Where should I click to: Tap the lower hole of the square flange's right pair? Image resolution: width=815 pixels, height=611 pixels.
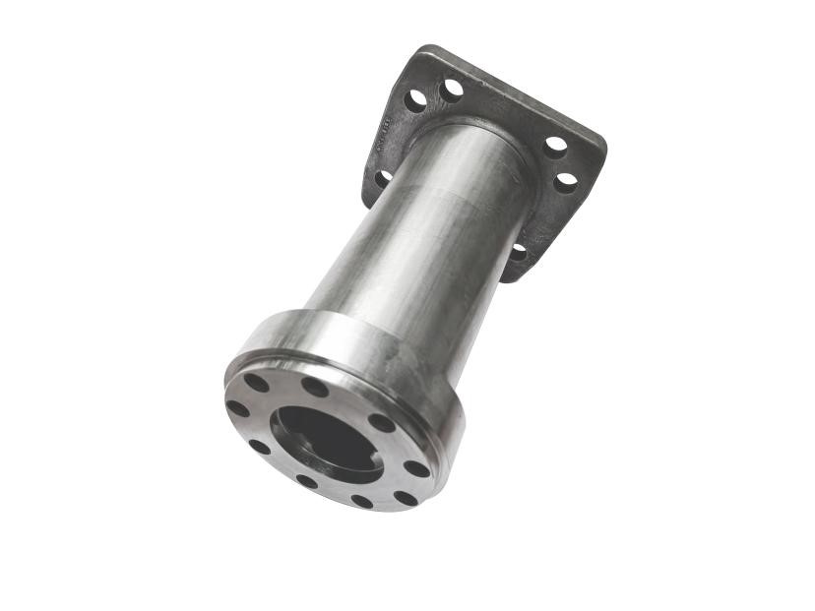tap(565, 182)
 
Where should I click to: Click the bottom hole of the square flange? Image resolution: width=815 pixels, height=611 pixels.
tap(519, 252)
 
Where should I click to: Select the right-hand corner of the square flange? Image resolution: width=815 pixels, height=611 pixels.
tap(601, 148)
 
